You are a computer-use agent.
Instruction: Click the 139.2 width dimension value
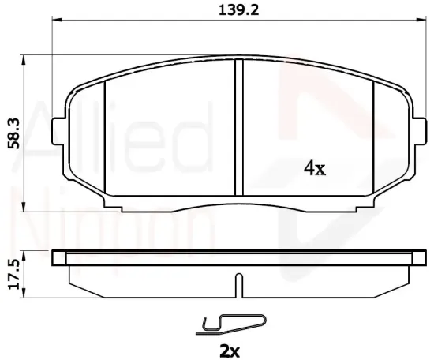[x=239, y=11]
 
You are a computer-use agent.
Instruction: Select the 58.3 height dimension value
[x=14, y=133]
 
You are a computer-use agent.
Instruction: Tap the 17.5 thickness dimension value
[x=14, y=274]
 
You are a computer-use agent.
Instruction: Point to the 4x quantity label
[x=315, y=168]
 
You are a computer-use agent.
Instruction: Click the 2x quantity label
[x=230, y=351]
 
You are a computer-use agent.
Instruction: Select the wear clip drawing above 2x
[x=231, y=324]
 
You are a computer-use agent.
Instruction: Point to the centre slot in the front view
[x=238, y=127]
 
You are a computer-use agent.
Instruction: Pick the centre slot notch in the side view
[x=238, y=286]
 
